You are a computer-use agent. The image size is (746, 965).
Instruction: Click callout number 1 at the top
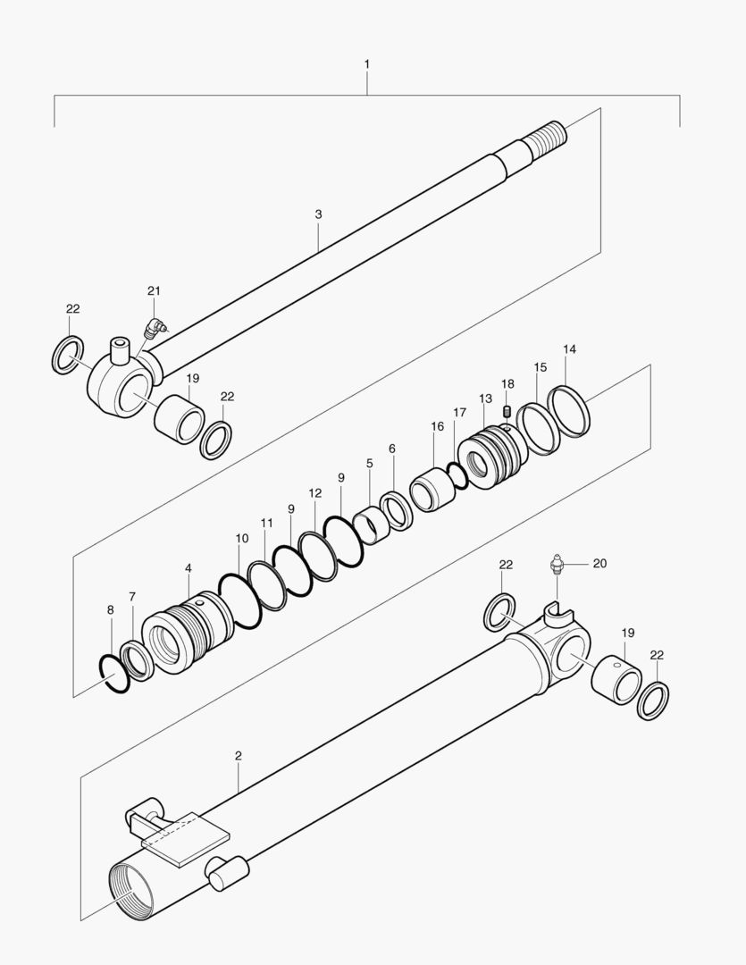(x=367, y=64)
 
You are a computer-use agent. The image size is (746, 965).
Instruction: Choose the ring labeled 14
(x=569, y=411)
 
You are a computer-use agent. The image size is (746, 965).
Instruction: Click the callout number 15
(x=541, y=367)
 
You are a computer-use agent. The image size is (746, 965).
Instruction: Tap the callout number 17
(x=459, y=412)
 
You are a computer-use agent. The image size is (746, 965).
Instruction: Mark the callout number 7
(x=132, y=596)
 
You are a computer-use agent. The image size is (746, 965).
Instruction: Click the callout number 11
(x=266, y=522)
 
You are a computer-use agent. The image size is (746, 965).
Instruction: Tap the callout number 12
(x=314, y=492)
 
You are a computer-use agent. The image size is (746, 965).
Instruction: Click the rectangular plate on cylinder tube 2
(x=186, y=838)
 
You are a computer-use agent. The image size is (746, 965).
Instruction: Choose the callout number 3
(x=318, y=214)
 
